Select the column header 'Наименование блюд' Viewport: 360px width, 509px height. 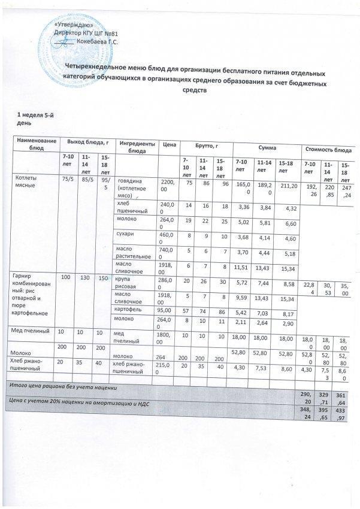coord(37,143)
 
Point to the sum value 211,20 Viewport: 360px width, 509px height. coord(288,186)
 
